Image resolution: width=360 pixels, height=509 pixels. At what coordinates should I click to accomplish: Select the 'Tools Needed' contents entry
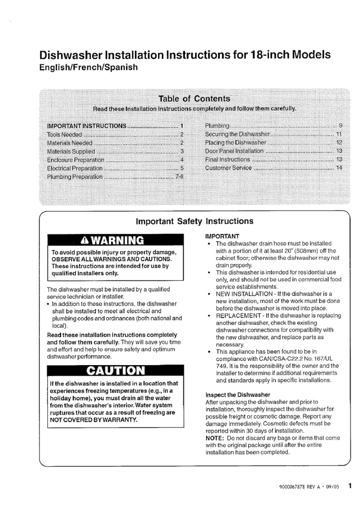[x=65, y=134]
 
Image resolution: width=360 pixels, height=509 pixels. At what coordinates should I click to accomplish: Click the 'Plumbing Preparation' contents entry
[x=75, y=177]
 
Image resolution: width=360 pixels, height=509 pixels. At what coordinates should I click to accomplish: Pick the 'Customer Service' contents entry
[x=228, y=168]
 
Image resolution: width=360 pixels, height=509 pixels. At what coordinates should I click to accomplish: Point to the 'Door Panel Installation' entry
[x=234, y=151]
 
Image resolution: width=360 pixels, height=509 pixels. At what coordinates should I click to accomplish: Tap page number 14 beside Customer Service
[x=339, y=168]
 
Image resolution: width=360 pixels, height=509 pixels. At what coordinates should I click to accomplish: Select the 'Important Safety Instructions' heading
[x=194, y=221]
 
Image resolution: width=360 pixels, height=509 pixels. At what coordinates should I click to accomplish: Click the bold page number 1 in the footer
[x=351, y=486]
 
